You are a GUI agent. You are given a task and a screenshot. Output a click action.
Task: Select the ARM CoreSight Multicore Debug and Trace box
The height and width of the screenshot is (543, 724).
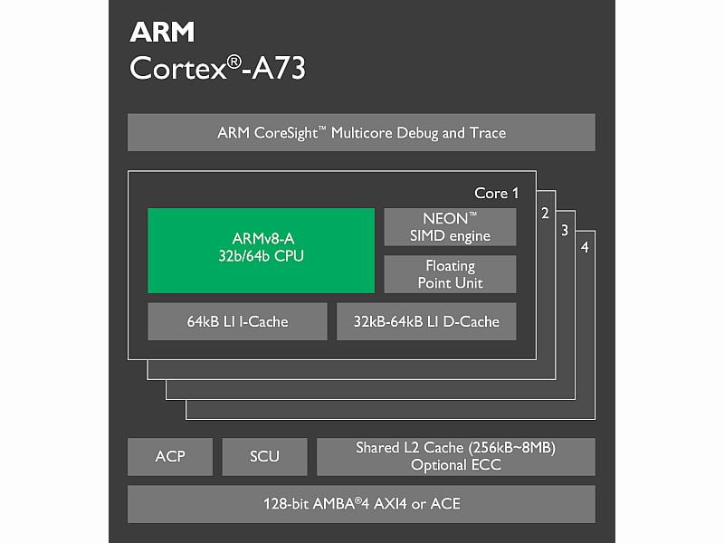[x=361, y=132]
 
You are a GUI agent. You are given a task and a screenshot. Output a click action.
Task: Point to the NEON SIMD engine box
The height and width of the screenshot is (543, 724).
[x=450, y=227]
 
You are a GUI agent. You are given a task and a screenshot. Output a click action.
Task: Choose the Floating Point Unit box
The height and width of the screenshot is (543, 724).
[x=450, y=274]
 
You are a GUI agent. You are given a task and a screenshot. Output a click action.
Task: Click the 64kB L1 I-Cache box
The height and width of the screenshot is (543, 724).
[x=237, y=321]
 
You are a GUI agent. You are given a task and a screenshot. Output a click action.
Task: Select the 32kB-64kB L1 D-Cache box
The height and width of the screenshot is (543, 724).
[x=426, y=321]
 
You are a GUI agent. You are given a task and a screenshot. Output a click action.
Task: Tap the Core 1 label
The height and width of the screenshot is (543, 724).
[x=497, y=193]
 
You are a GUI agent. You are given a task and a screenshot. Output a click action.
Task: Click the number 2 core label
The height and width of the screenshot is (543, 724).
[x=545, y=214]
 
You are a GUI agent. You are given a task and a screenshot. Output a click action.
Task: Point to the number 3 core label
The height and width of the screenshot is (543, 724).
[x=565, y=230]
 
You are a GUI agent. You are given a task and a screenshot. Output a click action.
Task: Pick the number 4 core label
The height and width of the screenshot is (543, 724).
[x=585, y=247]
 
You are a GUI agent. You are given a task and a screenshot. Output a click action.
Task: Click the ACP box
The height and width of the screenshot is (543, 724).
[x=170, y=456]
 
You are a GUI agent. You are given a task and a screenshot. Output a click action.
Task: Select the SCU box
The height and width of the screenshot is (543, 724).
[x=264, y=456]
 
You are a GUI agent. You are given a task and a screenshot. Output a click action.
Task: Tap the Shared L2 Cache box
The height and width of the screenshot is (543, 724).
[x=456, y=456]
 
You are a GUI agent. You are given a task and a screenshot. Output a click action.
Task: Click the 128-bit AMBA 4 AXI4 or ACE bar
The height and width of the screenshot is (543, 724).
[x=361, y=503]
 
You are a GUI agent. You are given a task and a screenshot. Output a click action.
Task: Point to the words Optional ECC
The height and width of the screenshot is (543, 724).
[x=456, y=465]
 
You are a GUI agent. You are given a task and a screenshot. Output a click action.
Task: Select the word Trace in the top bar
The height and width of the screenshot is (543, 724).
[x=487, y=133]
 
